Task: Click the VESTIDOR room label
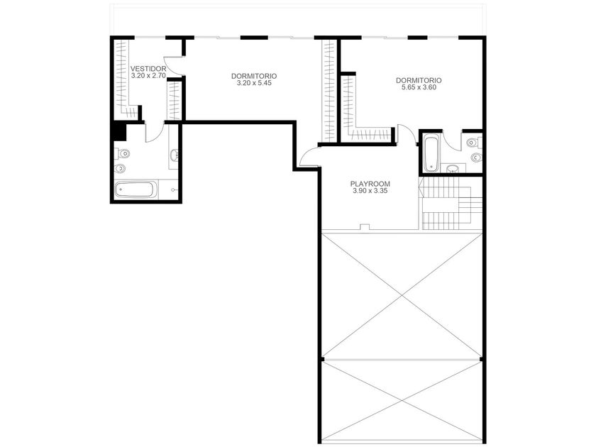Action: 148,69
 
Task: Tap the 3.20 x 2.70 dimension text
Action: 148,76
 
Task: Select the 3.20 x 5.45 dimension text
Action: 254,83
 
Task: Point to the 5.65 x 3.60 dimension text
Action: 419,87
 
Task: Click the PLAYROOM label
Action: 370,184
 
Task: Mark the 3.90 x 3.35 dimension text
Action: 370,191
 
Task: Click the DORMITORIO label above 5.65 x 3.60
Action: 419,80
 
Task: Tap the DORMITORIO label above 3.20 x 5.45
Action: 254,76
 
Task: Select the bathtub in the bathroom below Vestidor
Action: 136,189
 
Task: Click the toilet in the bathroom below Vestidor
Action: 122,153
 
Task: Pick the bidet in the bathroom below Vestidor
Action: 120,167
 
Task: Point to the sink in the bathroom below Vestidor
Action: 175,155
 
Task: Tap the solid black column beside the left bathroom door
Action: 119,131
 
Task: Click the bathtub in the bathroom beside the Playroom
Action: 431,154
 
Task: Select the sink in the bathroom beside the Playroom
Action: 453,168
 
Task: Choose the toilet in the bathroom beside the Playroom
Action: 473,143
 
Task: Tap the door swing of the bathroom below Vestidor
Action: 155,132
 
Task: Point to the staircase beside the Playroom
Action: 451,204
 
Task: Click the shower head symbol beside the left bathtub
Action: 173,189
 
